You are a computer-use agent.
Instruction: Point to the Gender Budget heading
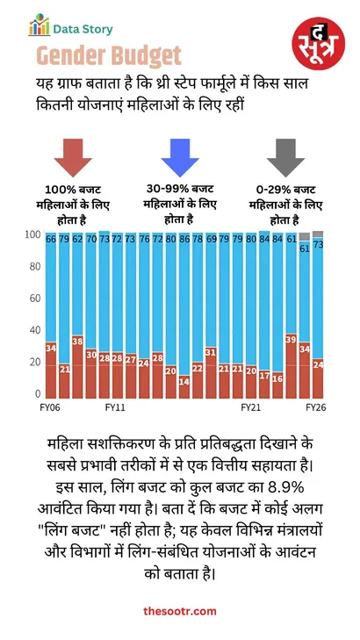110,57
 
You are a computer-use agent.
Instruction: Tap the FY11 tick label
116,409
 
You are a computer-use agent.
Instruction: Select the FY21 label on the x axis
251,409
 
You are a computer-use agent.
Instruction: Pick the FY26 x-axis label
316,409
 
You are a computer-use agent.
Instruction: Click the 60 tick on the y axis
34,298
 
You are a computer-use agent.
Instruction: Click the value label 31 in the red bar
211,352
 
